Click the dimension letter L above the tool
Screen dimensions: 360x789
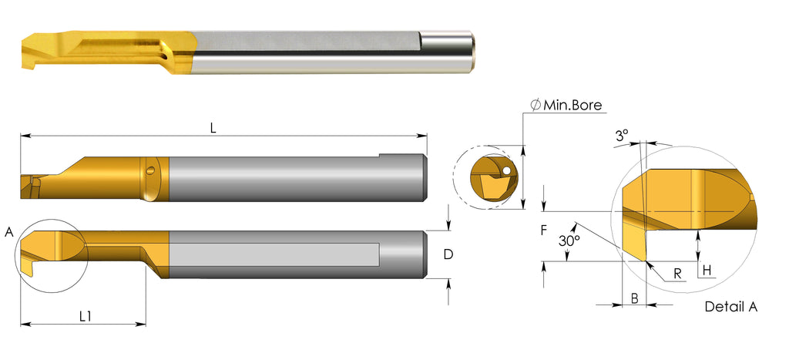213,129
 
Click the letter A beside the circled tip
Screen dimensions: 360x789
8,232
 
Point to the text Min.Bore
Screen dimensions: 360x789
572,105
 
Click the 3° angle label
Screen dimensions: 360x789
622,135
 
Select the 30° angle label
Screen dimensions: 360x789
569,241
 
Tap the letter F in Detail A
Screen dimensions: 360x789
543,229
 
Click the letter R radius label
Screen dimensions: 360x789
676,272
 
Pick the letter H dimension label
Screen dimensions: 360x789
707,270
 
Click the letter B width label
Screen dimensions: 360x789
633,298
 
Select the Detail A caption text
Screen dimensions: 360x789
730,307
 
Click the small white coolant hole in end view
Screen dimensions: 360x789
505,169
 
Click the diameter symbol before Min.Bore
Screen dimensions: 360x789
535,106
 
